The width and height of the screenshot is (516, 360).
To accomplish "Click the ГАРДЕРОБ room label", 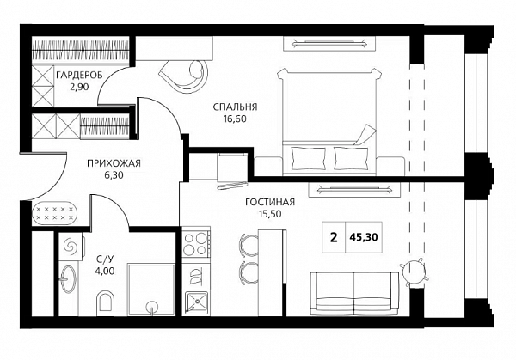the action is [79, 76].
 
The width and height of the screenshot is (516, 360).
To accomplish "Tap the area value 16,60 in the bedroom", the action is [235, 119].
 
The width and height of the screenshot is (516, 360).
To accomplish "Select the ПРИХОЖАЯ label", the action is [114, 163].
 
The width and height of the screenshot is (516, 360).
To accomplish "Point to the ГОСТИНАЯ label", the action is [270, 202].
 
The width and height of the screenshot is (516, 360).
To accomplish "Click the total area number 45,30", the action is [364, 237].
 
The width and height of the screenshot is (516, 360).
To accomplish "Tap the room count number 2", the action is [334, 237].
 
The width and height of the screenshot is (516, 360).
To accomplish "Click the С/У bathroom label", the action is [105, 259].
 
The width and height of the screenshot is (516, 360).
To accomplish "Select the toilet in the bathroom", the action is [105, 302].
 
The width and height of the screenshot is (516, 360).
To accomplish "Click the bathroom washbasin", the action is [69, 278].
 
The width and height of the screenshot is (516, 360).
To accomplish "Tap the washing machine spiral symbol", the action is [71, 246].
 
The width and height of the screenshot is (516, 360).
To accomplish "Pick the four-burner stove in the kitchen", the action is [196, 244].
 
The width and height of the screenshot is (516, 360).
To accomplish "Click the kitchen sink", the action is [196, 302].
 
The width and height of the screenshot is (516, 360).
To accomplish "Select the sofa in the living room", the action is [354, 294].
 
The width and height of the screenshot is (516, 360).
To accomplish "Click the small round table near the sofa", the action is [415, 272].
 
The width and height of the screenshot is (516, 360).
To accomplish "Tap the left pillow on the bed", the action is [309, 158].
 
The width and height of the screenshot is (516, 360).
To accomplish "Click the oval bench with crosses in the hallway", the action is [55, 213].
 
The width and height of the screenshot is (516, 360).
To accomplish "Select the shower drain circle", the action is [152, 306].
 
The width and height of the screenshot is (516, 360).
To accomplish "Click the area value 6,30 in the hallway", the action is [114, 175].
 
